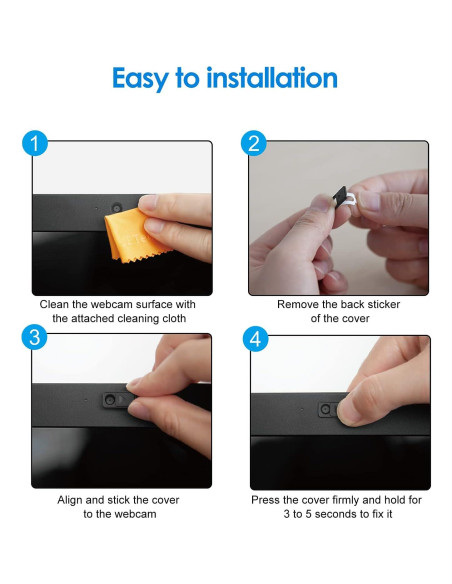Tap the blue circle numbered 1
[x=35, y=143]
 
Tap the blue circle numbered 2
[x=254, y=143]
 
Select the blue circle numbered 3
[x=35, y=338]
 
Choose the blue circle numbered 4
[x=255, y=339]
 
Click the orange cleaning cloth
[x=134, y=236]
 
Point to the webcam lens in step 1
[x=117, y=207]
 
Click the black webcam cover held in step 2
[x=340, y=197]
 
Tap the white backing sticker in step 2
[x=351, y=200]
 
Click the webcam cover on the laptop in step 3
[x=115, y=400]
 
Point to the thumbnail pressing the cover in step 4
[x=348, y=412]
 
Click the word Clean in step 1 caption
[x=54, y=304]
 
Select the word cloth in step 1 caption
[x=174, y=318]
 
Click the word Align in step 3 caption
[x=70, y=500]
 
